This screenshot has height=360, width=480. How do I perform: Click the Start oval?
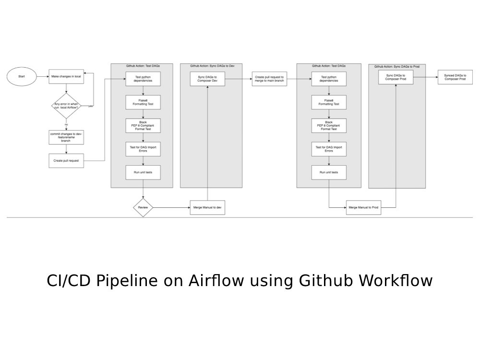[22, 76]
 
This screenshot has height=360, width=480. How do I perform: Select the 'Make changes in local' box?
[66, 76]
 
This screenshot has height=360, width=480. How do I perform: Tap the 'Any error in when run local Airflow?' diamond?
[66, 106]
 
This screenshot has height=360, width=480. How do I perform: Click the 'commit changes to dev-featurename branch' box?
[66, 137]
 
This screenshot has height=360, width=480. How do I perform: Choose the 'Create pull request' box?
[66, 161]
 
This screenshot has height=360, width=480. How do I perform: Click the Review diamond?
[143, 208]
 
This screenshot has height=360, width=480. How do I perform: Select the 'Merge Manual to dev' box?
[207, 208]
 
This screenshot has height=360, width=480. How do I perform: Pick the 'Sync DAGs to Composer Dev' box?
[207, 79]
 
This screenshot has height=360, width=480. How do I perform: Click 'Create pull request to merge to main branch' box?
[269, 79]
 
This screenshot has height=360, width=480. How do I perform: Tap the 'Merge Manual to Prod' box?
[363, 208]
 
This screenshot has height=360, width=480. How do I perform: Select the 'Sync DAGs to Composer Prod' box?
[396, 77]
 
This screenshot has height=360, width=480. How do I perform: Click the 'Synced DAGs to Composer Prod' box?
[455, 77]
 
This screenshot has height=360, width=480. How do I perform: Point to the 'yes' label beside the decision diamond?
[91, 106]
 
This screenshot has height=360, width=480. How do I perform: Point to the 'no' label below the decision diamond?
[66, 124]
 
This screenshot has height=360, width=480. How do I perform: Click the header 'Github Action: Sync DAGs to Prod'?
[396, 67]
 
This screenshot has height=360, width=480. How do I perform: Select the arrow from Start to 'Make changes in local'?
[42, 76]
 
